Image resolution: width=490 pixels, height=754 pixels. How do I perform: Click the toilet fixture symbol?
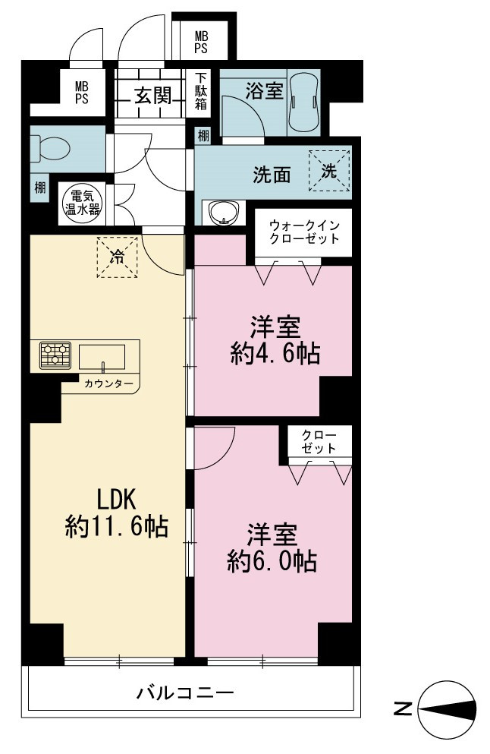pyautogui.click(x=50, y=149)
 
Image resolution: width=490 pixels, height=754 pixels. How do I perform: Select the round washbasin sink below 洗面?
pyautogui.click(x=223, y=212)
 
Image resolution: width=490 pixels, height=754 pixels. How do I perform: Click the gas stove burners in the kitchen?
pyautogui.click(x=55, y=355)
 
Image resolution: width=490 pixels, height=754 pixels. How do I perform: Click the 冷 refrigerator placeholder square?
pyautogui.click(x=118, y=257)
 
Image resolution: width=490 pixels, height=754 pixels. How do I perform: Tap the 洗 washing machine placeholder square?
pyautogui.click(x=329, y=171)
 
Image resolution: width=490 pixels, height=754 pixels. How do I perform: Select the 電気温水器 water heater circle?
pyautogui.click(x=82, y=203)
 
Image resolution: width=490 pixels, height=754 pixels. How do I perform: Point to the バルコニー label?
pyautogui.click(x=185, y=693)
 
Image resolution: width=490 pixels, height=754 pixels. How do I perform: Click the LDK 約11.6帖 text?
pyautogui.click(x=117, y=513)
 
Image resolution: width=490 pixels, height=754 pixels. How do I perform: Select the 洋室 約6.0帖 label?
pyautogui.click(x=272, y=547)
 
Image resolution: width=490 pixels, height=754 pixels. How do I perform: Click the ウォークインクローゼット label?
pyautogui.click(x=304, y=232)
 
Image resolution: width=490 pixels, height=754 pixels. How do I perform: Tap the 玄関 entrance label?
pyautogui.click(x=152, y=95)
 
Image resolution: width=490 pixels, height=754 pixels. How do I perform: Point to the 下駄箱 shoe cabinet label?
pyautogui.click(x=201, y=90)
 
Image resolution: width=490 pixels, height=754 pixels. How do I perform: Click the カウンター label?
pyautogui.click(x=108, y=383)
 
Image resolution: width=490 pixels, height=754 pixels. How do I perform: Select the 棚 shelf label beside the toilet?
pyautogui.click(x=40, y=187)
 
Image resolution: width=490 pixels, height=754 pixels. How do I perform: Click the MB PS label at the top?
pyautogui.click(x=201, y=43)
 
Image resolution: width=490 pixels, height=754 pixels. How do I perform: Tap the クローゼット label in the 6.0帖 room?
pyautogui.click(x=319, y=442)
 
